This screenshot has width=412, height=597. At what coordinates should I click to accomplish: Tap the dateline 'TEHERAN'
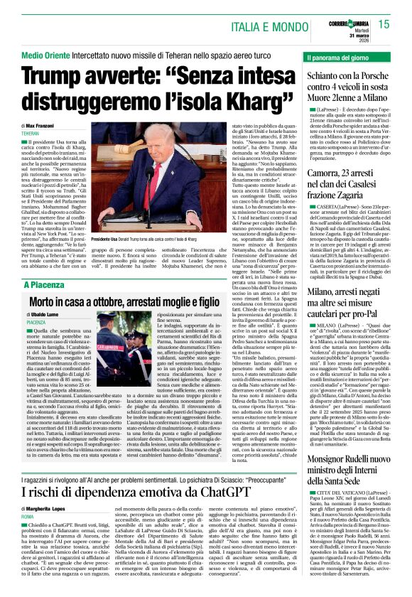coord(31,134)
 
